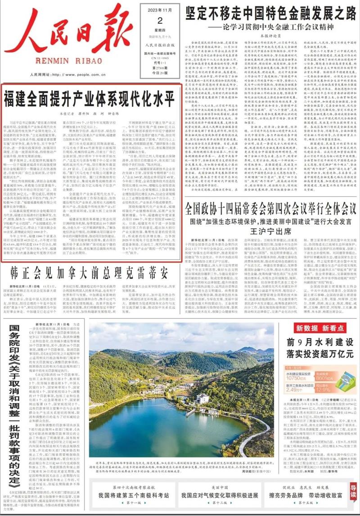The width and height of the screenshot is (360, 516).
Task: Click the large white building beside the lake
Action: click(x=202, y=399)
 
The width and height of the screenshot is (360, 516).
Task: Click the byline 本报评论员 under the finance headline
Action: click(x=270, y=35)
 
